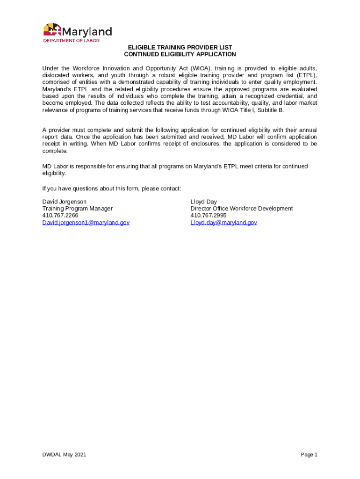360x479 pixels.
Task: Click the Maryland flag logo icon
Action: click(52, 30)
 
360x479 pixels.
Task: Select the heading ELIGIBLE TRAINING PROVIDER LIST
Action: click(180, 48)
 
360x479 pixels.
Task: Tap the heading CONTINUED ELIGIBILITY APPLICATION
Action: click(180, 54)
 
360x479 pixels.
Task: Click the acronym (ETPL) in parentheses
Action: click(306, 75)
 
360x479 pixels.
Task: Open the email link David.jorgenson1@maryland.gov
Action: click(86, 223)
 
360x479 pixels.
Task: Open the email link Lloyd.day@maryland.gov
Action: click(223, 223)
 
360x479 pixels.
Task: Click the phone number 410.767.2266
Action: click(60, 216)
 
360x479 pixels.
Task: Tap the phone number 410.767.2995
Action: click(209, 216)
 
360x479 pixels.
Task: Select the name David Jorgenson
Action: click(65, 202)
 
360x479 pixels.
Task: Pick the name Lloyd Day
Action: click(204, 202)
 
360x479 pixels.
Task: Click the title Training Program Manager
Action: click(78, 209)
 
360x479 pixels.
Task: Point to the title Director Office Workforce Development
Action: click(242, 209)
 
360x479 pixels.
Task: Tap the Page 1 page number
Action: click(309, 455)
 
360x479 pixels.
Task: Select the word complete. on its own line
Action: click(55, 151)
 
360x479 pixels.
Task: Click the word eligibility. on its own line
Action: click(54, 173)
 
